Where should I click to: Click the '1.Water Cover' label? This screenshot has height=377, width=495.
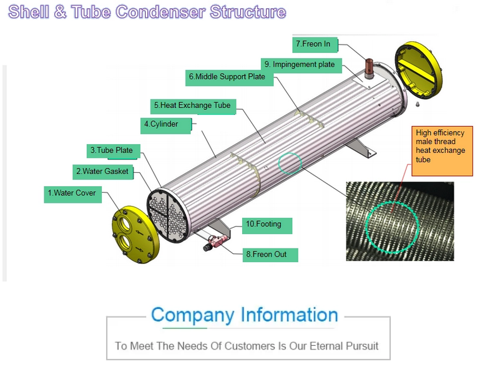[72, 193]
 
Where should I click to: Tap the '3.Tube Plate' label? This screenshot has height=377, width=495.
[112, 150]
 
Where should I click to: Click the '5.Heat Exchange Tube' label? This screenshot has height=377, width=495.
[193, 105]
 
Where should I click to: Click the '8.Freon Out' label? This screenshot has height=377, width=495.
[270, 255]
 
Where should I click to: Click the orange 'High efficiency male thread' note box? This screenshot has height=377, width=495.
[443, 150]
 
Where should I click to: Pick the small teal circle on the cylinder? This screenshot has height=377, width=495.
[290, 163]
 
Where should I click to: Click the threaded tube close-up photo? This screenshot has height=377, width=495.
[400, 221]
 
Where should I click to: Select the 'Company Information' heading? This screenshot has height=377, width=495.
[244, 315]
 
